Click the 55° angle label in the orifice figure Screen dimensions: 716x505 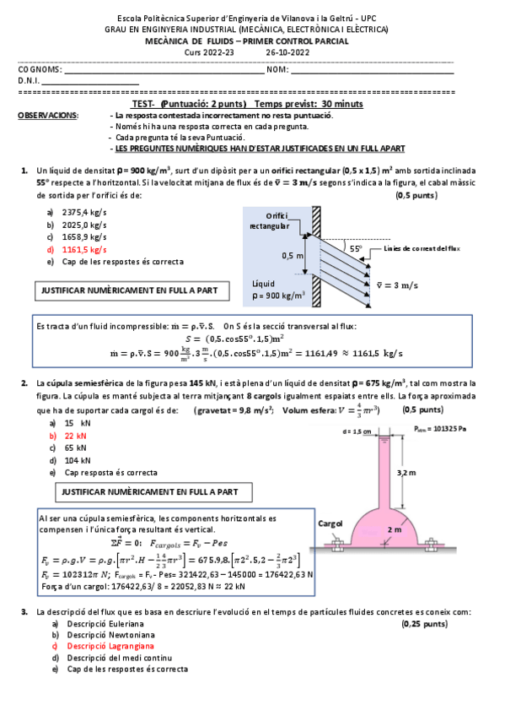click(356, 249)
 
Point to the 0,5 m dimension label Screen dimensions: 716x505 click(293, 254)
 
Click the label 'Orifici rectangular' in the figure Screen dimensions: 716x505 click(271, 221)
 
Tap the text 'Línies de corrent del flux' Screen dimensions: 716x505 click(421, 249)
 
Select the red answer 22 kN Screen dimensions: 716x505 click(77, 436)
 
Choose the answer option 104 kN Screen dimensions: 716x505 click(78, 460)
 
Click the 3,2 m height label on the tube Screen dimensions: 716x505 click(406, 474)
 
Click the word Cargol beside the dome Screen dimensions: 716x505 click(330, 523)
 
